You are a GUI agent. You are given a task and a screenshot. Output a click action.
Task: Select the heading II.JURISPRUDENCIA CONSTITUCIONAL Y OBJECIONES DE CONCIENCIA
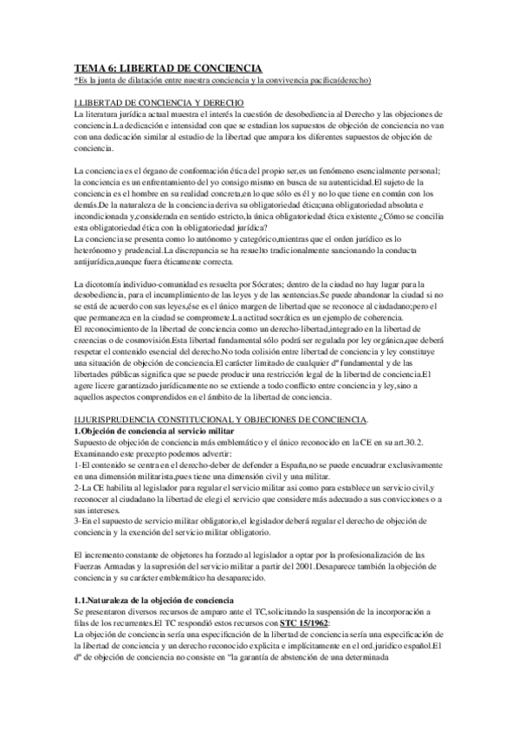tap(221, 420)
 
